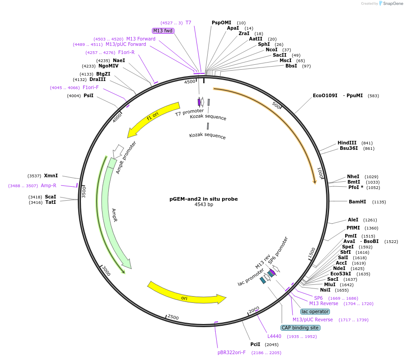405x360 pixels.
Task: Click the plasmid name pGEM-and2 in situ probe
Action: (203, 198)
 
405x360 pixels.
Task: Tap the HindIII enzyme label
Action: (347, 143)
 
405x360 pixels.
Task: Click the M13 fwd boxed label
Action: (163, 31)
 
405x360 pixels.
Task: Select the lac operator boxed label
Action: (315, 311)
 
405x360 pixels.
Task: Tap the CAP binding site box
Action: (300, 328)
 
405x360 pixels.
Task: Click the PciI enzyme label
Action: (255, 344)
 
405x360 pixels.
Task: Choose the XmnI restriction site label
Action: (51, 175)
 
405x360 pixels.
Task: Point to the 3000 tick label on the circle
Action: (106, 271)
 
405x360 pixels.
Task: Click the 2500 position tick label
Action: (173, 317)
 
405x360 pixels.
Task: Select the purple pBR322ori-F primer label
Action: (231, 353)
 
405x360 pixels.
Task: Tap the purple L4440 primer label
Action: (274, 336)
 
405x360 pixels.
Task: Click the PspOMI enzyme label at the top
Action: (221, 22)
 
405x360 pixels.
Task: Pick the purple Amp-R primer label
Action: (49, 185)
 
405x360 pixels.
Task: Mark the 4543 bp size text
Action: (203, 204)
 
